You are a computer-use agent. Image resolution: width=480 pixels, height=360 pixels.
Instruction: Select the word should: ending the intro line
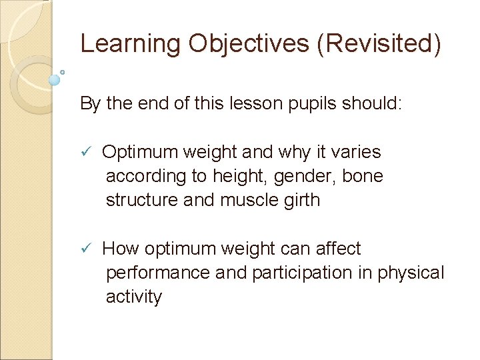point(377,104)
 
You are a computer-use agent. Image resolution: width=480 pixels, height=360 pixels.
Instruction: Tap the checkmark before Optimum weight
point(85,153)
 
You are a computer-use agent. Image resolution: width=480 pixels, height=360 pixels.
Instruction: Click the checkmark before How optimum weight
point(85,249)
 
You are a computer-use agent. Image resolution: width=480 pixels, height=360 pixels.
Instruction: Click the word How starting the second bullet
point(120,249)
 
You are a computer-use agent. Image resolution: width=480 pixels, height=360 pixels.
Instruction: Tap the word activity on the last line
point(133,297)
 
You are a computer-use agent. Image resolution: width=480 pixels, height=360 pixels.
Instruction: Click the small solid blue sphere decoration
point(55,79)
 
